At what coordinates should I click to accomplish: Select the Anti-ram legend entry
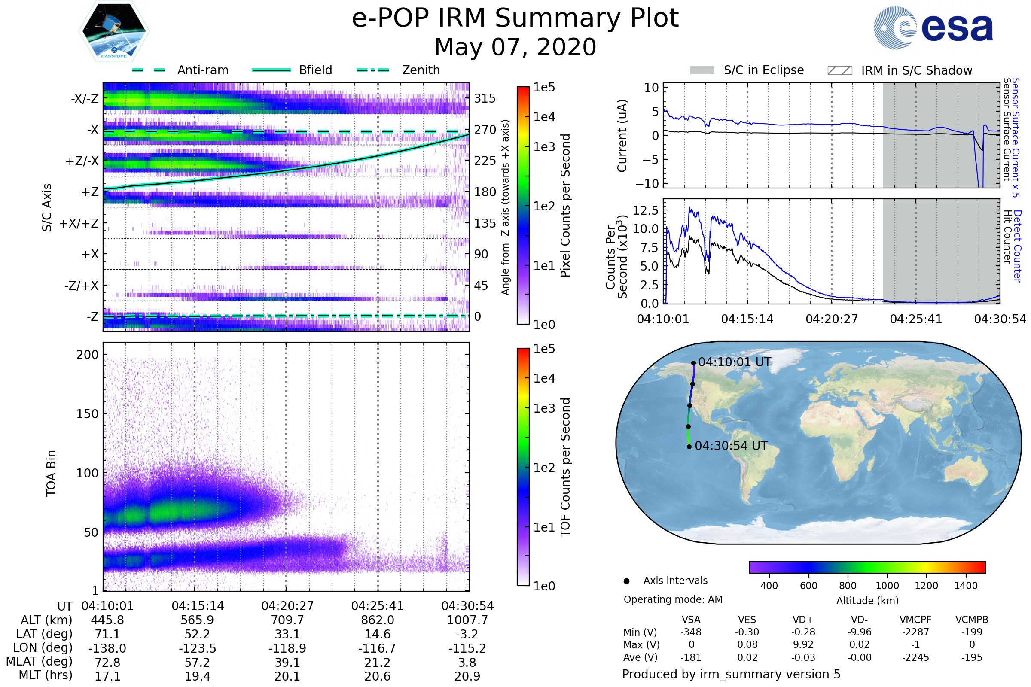tap(202, 70)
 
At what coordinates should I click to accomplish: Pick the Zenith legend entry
tap(421, 70)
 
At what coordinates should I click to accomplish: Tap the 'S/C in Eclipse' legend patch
tap(702, 70)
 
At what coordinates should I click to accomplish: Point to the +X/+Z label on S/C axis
tap(79, 223)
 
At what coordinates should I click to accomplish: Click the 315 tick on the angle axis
tap(485, 99)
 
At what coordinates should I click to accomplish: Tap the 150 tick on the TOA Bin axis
tap(87, 414)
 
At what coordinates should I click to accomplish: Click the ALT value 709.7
tap(287, 620)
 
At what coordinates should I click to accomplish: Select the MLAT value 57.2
tap(197, 663)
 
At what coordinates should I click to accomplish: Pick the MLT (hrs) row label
tap(46, 675)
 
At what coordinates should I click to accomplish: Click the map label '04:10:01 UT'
tap(734, 362)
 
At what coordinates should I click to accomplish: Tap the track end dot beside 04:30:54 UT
tap(689, 447)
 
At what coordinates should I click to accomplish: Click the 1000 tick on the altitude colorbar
tap(887, 586)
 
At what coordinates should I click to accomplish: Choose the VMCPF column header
tap(915, 620)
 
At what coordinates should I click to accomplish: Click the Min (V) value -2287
tap(915, 632)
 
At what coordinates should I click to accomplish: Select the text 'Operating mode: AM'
tap(673, 599)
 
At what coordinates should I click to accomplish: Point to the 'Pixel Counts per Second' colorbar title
tap(565, 206)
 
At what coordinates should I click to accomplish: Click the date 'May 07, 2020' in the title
tap(515, 47)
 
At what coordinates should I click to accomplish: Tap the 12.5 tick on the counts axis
tap(646, 210)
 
